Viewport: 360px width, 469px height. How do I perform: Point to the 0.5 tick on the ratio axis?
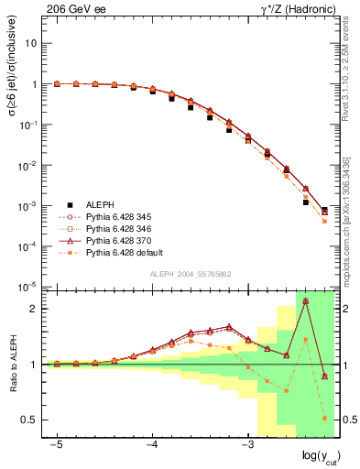[31, 420]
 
